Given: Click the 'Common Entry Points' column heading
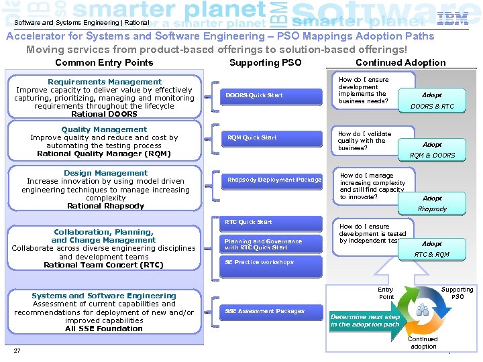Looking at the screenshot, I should coord(104,63).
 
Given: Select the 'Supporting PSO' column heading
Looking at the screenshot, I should coord(265,63).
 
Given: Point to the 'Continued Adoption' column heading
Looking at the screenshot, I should coord(400,63).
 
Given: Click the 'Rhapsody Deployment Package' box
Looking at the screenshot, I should coord(274,180).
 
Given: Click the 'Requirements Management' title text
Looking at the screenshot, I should coord(105,82).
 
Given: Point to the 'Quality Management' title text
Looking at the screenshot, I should coord(104,129).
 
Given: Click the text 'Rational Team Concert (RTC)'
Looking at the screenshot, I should coord(103,265).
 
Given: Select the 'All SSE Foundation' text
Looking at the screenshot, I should coord(104,328).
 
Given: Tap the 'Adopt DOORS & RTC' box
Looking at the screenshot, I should coord(432,101).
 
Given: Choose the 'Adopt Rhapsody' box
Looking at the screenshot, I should coord(432,203).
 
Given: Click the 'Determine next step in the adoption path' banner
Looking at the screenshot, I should coord(365,320).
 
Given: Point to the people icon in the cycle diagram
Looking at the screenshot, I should coord(423,310).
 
